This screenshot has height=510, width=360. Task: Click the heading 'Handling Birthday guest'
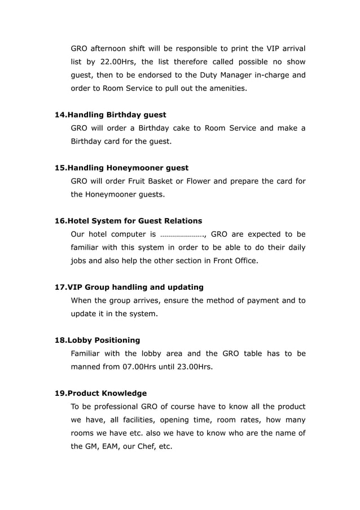tap(117, 115)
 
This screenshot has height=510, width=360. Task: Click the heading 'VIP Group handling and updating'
tap(135, 287)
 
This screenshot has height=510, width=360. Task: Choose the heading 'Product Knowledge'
tap(107, 393)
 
